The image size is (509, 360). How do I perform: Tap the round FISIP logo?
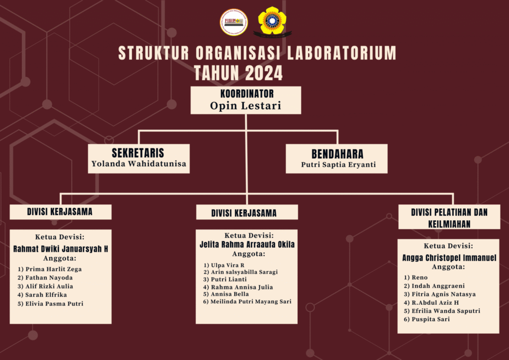pyautogui.click(x=234, y=22)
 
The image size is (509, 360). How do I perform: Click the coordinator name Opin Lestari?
pyautogui.click(x=246, y=106)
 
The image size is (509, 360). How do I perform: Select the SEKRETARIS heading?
pyautogui.click(x=138, y=153)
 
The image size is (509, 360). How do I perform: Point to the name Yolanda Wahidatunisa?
pyautogui.click(x=139, y=164)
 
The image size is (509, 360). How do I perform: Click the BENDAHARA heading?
pyautogui.click(x=338, y=154)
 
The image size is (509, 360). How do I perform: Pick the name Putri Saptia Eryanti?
pyautogui.click(x=338, y=165)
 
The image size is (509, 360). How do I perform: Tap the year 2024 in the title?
pyautogui.click(x=264, y=73)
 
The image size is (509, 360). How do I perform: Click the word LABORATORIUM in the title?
pyautogui.click(x=341, y=53)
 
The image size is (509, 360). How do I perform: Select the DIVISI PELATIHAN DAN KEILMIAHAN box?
pyautogui.click(x=449, y=217)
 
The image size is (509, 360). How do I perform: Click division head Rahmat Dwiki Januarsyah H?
pyautogui.click(x=60, y=249)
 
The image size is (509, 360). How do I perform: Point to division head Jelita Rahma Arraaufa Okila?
pyautogui.click(x=247, y=245)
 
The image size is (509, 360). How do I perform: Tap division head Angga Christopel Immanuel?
pyautogui.click(x=449, y=258)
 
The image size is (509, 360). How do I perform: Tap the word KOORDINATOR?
pyautogui.click(x=247, y=94)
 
